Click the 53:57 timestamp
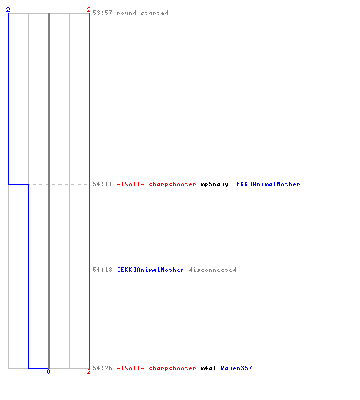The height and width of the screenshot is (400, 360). [102, 13]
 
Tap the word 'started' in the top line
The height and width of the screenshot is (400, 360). [154, 13]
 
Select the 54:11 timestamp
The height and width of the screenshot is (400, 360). [102, 184]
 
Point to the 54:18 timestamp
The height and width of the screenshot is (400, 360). [102, 270]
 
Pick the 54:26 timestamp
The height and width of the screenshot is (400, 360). [102, 368]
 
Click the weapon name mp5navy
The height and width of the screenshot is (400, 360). [214, 184]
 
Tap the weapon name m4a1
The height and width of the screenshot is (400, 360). [208, 368]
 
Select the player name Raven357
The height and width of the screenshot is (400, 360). [236, 368]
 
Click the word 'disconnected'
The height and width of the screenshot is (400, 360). [212, 270]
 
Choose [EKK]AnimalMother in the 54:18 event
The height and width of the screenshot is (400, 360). [150, 270]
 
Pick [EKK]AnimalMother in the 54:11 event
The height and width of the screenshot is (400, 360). [266, 184]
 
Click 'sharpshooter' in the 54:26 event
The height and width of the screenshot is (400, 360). [172, 368]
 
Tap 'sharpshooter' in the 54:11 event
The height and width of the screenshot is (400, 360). [172, 184]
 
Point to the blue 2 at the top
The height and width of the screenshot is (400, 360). [8, 10]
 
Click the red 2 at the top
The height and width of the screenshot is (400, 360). [89, 10]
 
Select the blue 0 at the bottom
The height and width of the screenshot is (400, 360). [48, 371]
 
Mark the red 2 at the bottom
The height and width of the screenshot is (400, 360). [89, 371]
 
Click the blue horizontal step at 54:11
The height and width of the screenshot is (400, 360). [18, 184]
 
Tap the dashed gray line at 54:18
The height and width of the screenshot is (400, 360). [48, 270]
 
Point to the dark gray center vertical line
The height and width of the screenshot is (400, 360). [49, 190]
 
